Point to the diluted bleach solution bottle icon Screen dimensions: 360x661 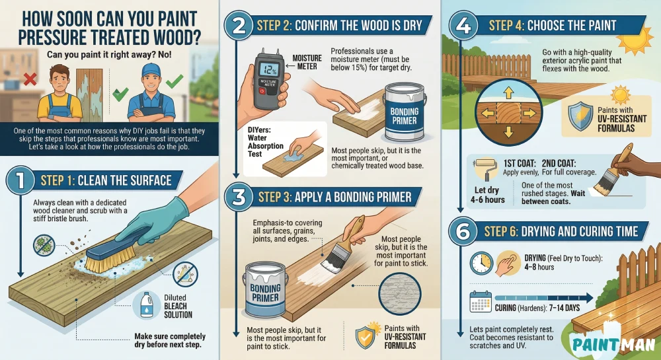(x=147, y=305)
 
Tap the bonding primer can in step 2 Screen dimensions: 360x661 (x=405, y=112)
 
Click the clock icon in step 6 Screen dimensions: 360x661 (x=481, y=262)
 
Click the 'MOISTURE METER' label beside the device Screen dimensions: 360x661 (x=306, y=62)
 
